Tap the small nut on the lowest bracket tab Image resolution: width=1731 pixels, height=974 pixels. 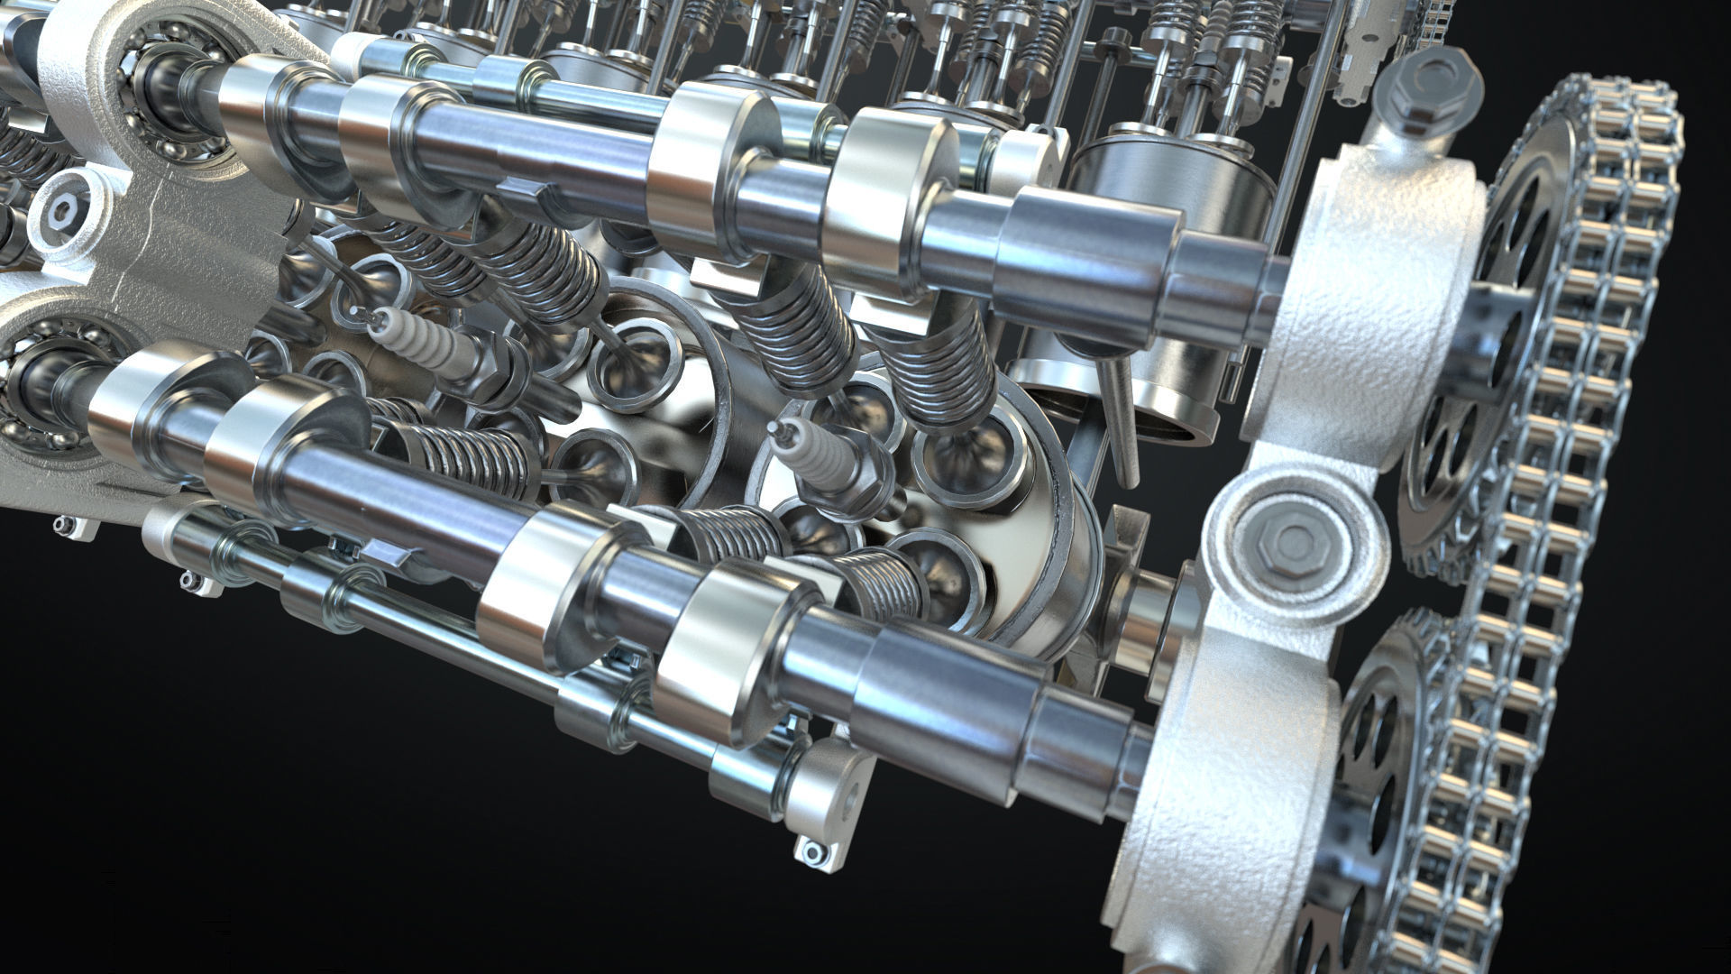[811, 851]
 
